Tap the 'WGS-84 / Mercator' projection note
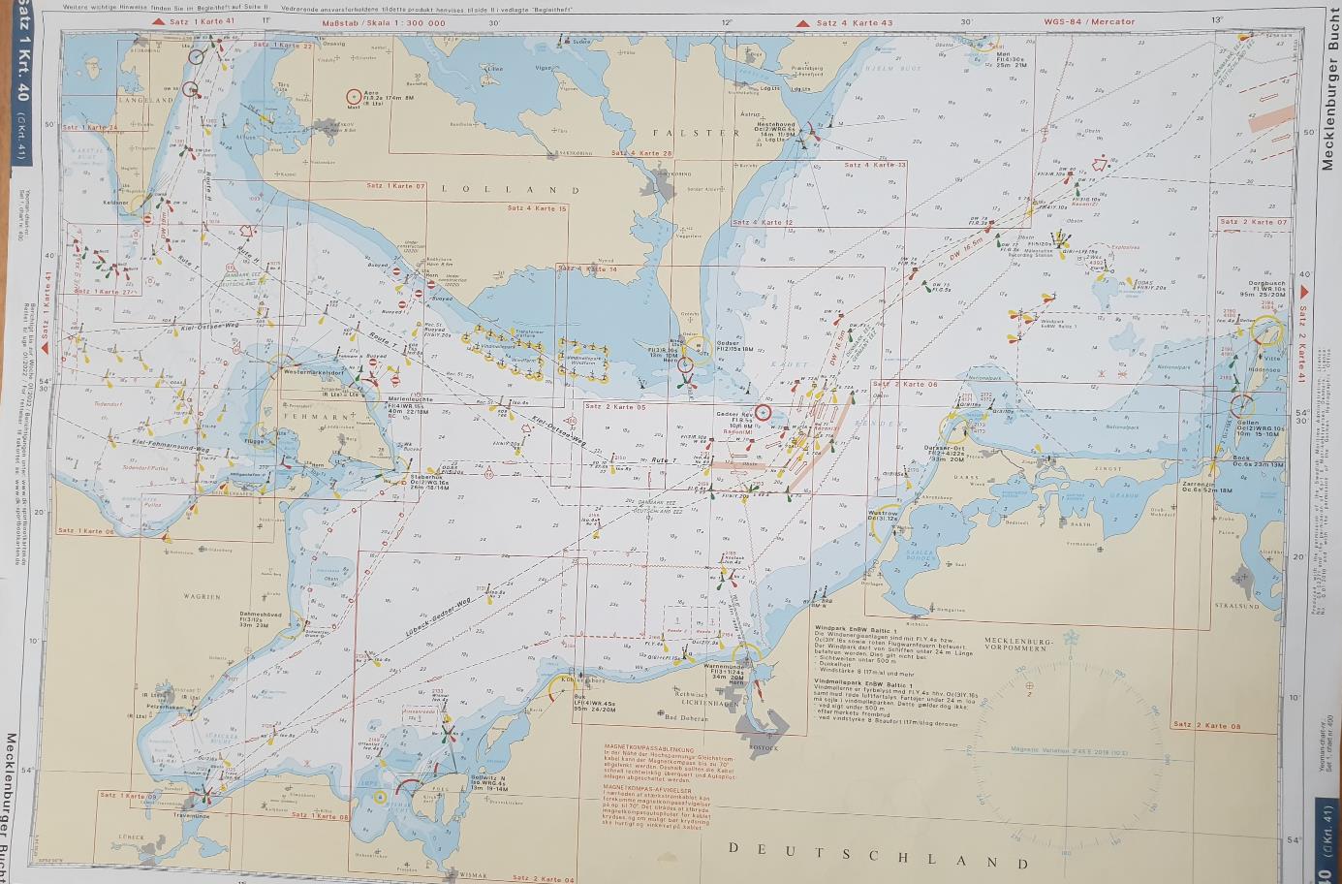click(x=1088, y=21)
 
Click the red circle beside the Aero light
click(x=354, y=97)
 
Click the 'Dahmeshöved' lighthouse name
click(x=261, y=614)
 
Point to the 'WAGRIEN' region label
click(x=203, y=597)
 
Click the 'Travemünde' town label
click(x=191, y=816)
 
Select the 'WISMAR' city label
click(x=474, y=874)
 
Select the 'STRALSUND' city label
click(x=1235, y=606)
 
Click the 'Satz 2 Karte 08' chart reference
click(x=1205, y=725)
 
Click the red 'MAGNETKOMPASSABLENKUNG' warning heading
click(x=648, y=748)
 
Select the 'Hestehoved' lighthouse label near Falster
click(x=775, y=124)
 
